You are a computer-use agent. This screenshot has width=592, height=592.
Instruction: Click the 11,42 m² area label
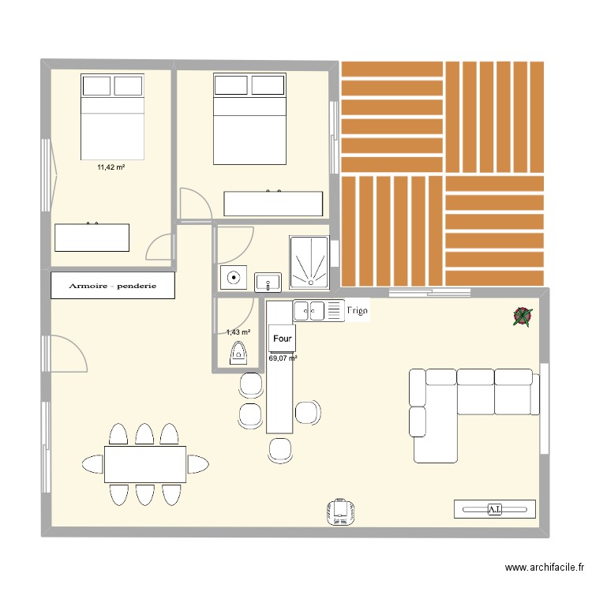[111, 167]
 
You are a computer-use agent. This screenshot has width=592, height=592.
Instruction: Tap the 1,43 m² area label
[238, 332]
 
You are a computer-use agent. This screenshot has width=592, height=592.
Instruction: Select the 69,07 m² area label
[283, 358]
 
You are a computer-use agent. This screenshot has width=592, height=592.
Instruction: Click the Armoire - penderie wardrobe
[112, 286]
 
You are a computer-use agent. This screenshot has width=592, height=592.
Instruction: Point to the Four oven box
[282, 338]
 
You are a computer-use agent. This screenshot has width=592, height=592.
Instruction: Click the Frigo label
[358, 311]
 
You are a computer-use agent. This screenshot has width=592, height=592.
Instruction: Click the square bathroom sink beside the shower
[268, 279]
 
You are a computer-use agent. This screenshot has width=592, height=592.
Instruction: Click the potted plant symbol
[522, 317]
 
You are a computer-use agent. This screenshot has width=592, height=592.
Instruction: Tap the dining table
[145, 463]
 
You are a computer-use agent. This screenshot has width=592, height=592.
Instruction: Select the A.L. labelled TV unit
[495, 509]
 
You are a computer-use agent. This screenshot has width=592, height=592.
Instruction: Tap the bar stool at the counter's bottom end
[280, 449]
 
